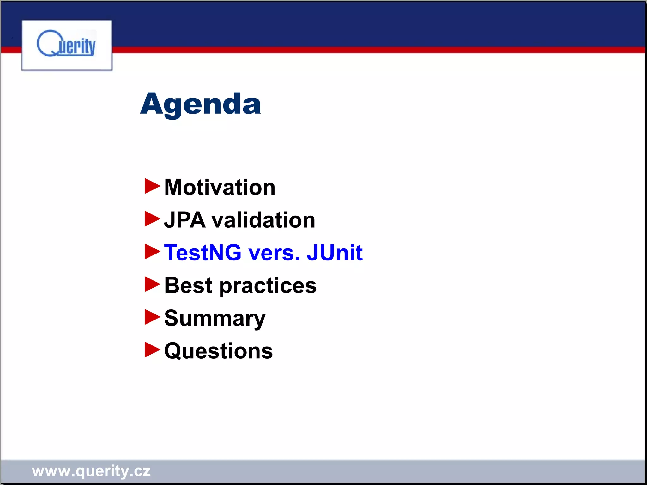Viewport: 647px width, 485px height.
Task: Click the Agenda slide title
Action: (201, 104)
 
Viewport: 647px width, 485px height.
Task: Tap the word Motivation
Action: (220, 187)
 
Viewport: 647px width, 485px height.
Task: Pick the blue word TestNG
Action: (203, 253)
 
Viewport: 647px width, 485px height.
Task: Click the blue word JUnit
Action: (335, 253)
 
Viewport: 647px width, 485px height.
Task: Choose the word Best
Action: (188, 285)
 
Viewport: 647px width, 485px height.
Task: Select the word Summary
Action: (215, 319)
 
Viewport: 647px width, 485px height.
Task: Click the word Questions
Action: (218, 351)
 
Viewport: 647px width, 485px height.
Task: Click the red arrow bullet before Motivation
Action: (152, 186)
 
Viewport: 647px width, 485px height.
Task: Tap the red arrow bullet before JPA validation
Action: (152, 219)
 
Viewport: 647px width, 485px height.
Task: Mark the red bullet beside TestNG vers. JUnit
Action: (152, 252)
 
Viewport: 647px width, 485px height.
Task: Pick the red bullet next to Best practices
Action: (152, 284)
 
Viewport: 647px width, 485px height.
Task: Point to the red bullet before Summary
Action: (152, 317)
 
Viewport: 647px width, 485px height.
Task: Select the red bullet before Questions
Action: (152, 350)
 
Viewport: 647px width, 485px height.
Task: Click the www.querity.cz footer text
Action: (91, 471)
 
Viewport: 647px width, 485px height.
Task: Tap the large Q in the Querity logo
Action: (47, 44)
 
